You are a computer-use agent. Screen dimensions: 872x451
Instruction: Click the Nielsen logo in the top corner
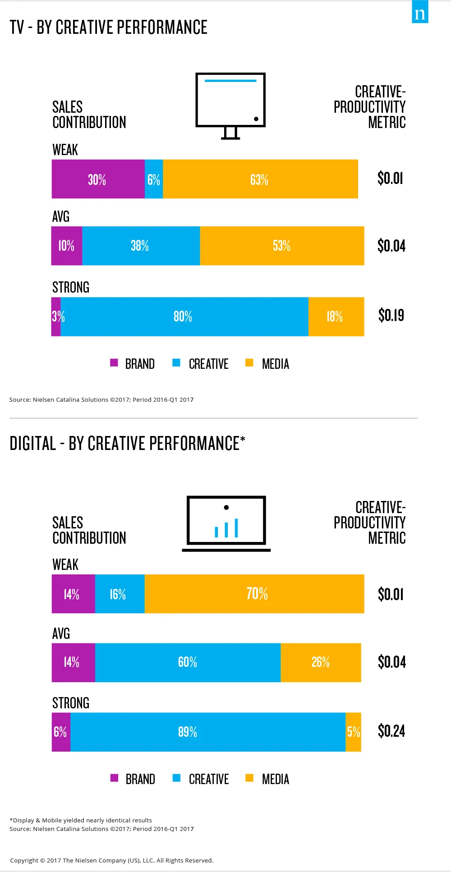(x=420, y=12)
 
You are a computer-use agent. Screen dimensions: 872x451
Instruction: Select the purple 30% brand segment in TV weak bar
(x=98, y=179)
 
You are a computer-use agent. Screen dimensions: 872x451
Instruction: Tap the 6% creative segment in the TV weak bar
(x=154, y=179)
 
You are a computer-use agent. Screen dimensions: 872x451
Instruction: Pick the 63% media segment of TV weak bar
(x=260, y=179)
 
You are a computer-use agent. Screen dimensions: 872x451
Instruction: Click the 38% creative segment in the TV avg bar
(x=141, y=246)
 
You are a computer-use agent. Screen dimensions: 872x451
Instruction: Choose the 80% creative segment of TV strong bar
(x=184, y=317)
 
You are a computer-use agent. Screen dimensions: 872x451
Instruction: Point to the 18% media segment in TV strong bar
(x=336, y=317)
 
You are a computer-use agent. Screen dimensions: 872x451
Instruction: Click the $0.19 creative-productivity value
(x=391, y=315)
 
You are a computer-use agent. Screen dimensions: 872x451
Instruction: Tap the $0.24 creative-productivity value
(x=391, y=731)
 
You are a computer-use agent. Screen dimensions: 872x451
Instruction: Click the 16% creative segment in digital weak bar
(x=120, y=594)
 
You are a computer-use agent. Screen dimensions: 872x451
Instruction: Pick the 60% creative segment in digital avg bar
(x=188, y=662)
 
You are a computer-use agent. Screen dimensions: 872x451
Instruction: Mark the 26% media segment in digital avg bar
(x=321, y=662)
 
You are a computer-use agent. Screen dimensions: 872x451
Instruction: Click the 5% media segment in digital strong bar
(x=354, y=732)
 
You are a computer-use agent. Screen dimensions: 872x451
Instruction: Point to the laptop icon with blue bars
(x=226, y=523)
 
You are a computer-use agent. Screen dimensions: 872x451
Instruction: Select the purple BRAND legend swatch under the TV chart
(x=114, y=363)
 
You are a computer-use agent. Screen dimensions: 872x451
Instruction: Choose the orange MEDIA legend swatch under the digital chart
(x=249, y=778)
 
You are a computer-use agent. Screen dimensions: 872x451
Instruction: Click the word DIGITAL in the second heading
(x=33, y=444)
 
